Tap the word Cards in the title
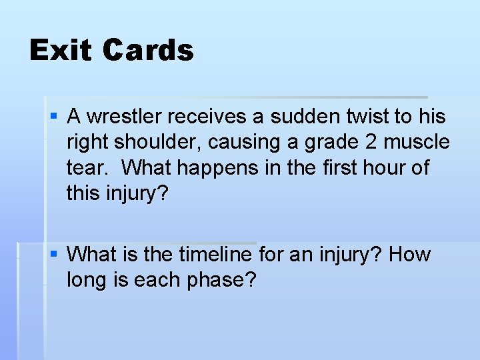[x=148, y=51]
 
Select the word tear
[x=88, y=168]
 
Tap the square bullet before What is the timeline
[x=55, y=255]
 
